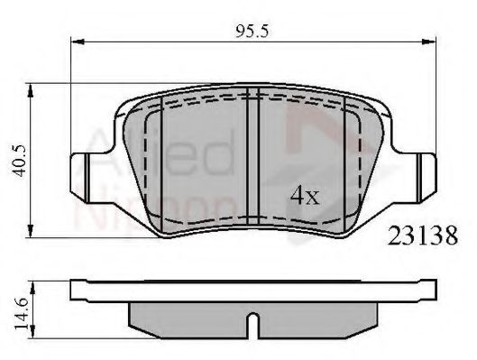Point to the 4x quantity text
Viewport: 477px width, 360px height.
303,194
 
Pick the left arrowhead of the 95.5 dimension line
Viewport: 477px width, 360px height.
75,42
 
